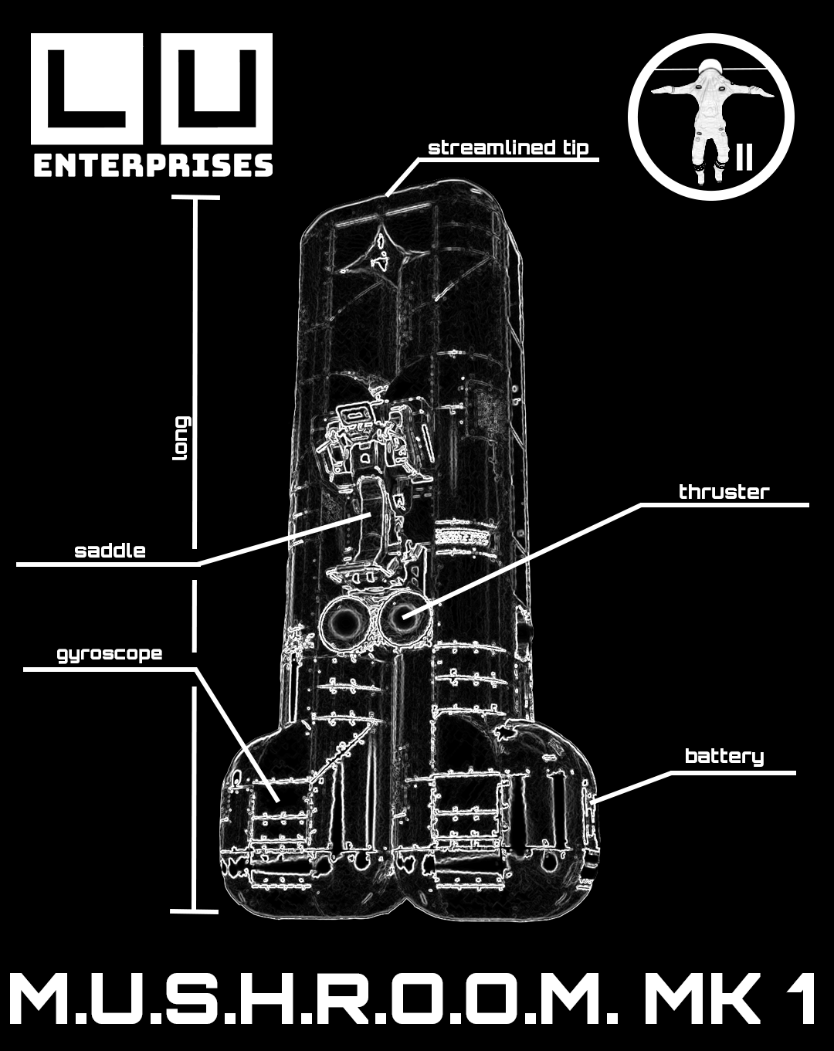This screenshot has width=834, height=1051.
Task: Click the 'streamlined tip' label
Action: pyautogui.click(x=507, y=148)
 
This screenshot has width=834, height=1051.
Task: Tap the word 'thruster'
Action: pyautogui.click(x=724, y=493)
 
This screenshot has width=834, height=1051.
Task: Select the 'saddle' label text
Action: pyautogui.click(x=110, y=551)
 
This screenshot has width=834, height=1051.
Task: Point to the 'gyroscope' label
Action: pyautogui.click(x=110, y=654)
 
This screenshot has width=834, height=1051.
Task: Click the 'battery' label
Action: pyautogui.click(x=724, y=757)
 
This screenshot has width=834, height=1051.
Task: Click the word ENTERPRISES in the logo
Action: pyautogui.click(x=153, y=165)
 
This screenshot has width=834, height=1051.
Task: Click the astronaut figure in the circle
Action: pyautogui.click(x=703, y=116)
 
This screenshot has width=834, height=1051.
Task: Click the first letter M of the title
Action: pyautogui.click(x=46, y=1000)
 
